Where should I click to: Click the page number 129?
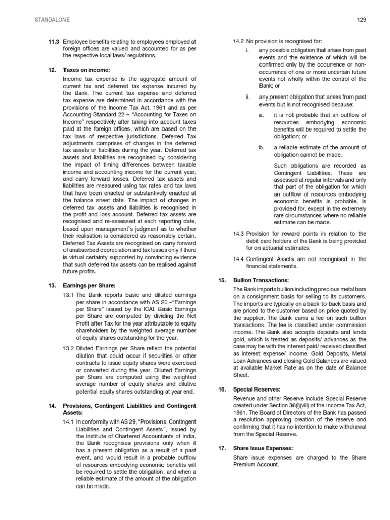[x=362, y=19]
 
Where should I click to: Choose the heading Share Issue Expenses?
[x=262, y=449]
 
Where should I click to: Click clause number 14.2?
[x=238, y=41]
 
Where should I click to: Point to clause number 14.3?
[x=238, y=234]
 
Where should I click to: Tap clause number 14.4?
[x=238, y=259]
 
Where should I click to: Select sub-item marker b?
[x=262, y=147]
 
